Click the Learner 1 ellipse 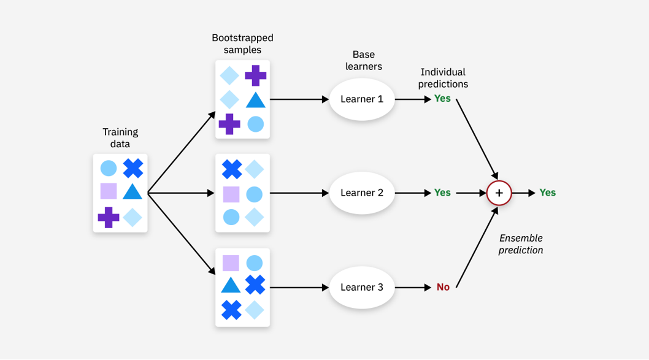pyautogui.click(x=362, y=99)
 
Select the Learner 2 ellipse pyautogui.click(x=362, y=193)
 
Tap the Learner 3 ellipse pyautogui.click(x=362, y=287)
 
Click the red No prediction pyautogui.click(x=443, y=287)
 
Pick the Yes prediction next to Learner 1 pyautogui.click(x=442, y=98)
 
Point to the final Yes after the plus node pyautogui.click(x=547, y=193)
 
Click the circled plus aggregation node pyautogui.click(x=499, y=193)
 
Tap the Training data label pyautogui.click(x=120, y=138)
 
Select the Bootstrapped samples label pyautogui.click(x=242, y=44)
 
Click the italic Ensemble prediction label pyautogui.click(x=521, y=244)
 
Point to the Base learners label pyautogui.click(x=364, y=61)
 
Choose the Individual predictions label pyautogui.click(x=443, y=78)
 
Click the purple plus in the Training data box pyautogui.click(x=109, y=217)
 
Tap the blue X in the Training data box pyautogui.click(x=132, y=169)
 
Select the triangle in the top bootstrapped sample pyautogui.click(x=255, y=100)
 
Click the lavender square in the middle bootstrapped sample pyautogui.click(x=231, y=194)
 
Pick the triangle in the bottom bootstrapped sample pyautogui.click(x=231, y=285)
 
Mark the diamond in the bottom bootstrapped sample pyautogui.click(x=255, y=310)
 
